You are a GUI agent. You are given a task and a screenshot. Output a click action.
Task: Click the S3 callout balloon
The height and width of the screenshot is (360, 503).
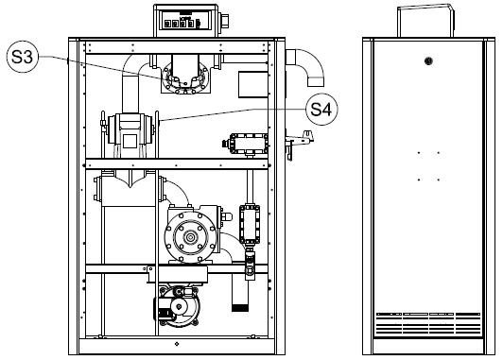(x=22, y=57)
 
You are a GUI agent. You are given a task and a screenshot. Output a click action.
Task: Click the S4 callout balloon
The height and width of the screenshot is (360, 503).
(x=321, y=110)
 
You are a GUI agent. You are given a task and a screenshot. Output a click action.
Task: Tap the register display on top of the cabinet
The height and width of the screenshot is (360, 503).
(x=182, y=20)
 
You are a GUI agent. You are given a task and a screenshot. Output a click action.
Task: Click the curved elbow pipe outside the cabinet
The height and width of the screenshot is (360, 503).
(x=308, y=66)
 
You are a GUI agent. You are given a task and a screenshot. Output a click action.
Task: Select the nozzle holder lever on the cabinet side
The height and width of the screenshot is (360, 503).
(x=299, y=141)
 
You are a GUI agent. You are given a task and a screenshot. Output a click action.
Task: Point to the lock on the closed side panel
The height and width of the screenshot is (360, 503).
(x=428, y=60)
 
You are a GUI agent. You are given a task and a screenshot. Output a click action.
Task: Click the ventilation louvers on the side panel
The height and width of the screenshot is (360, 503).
(x=428, y=323)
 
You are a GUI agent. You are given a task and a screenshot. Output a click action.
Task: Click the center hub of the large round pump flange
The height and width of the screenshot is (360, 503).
(x=191, y=237)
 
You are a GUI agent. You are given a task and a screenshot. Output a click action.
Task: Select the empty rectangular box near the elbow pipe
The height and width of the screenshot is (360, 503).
(x=253, y=85)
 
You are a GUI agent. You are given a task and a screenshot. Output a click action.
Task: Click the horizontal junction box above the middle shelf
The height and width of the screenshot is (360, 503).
(x=246, y=144)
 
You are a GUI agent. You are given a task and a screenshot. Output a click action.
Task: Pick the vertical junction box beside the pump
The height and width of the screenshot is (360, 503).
(x=250, y=224)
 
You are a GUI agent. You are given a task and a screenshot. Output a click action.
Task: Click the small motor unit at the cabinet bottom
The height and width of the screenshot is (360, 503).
(x=177, y=306)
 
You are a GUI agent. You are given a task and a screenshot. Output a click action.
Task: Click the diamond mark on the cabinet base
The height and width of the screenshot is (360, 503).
(x=177, y=344)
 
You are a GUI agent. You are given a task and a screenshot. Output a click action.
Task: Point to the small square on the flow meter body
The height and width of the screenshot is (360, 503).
(x=130, y=141)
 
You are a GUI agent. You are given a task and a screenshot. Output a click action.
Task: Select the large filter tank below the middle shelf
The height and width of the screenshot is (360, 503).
(x=129, y=189)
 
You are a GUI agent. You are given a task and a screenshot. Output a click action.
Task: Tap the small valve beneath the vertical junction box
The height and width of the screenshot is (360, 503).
(x=250, y=263)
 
